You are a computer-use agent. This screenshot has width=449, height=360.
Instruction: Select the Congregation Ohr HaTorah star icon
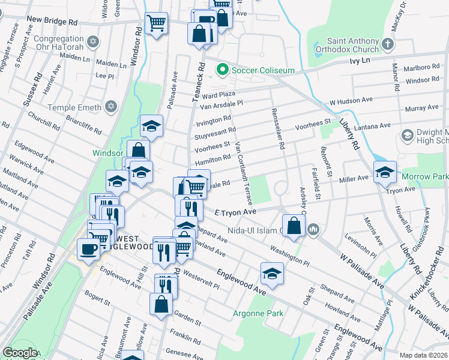tap(92, 41)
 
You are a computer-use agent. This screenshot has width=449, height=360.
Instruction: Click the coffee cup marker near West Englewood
tap(88, 250)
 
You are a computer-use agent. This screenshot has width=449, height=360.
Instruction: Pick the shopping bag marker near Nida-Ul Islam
tap(294, 226)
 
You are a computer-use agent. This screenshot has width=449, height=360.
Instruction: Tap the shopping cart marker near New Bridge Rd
tap(156, 23)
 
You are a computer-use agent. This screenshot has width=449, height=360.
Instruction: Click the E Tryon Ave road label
tap(236, 212)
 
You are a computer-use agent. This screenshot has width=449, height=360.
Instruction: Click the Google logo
tap(20, 353)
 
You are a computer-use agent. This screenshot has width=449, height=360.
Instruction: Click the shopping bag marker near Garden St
tap(162, 304)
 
